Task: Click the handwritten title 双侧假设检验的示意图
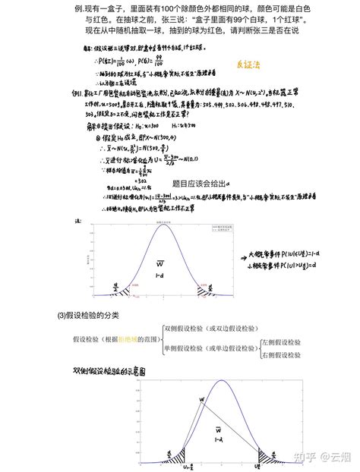pos(110,372)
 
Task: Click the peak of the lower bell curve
pos(220,381)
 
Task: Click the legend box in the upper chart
pos(219,228)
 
